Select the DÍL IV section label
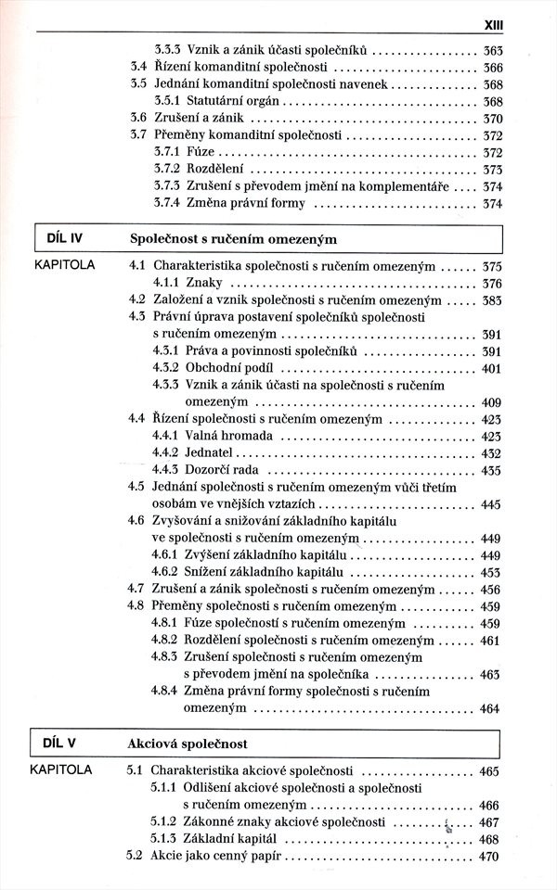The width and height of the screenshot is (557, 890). click(64, 238)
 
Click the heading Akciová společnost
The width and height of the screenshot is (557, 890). click(189, 744)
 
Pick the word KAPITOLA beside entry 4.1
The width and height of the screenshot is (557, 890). click(64, 264)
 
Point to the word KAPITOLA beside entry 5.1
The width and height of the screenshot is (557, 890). click(61, 769)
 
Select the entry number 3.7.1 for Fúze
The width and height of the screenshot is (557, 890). click(165, 152)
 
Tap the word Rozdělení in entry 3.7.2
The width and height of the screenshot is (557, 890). click(214, 170)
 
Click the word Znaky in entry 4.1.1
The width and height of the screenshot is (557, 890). click(203, 283)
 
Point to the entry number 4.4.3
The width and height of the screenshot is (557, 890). click(165, 470)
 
